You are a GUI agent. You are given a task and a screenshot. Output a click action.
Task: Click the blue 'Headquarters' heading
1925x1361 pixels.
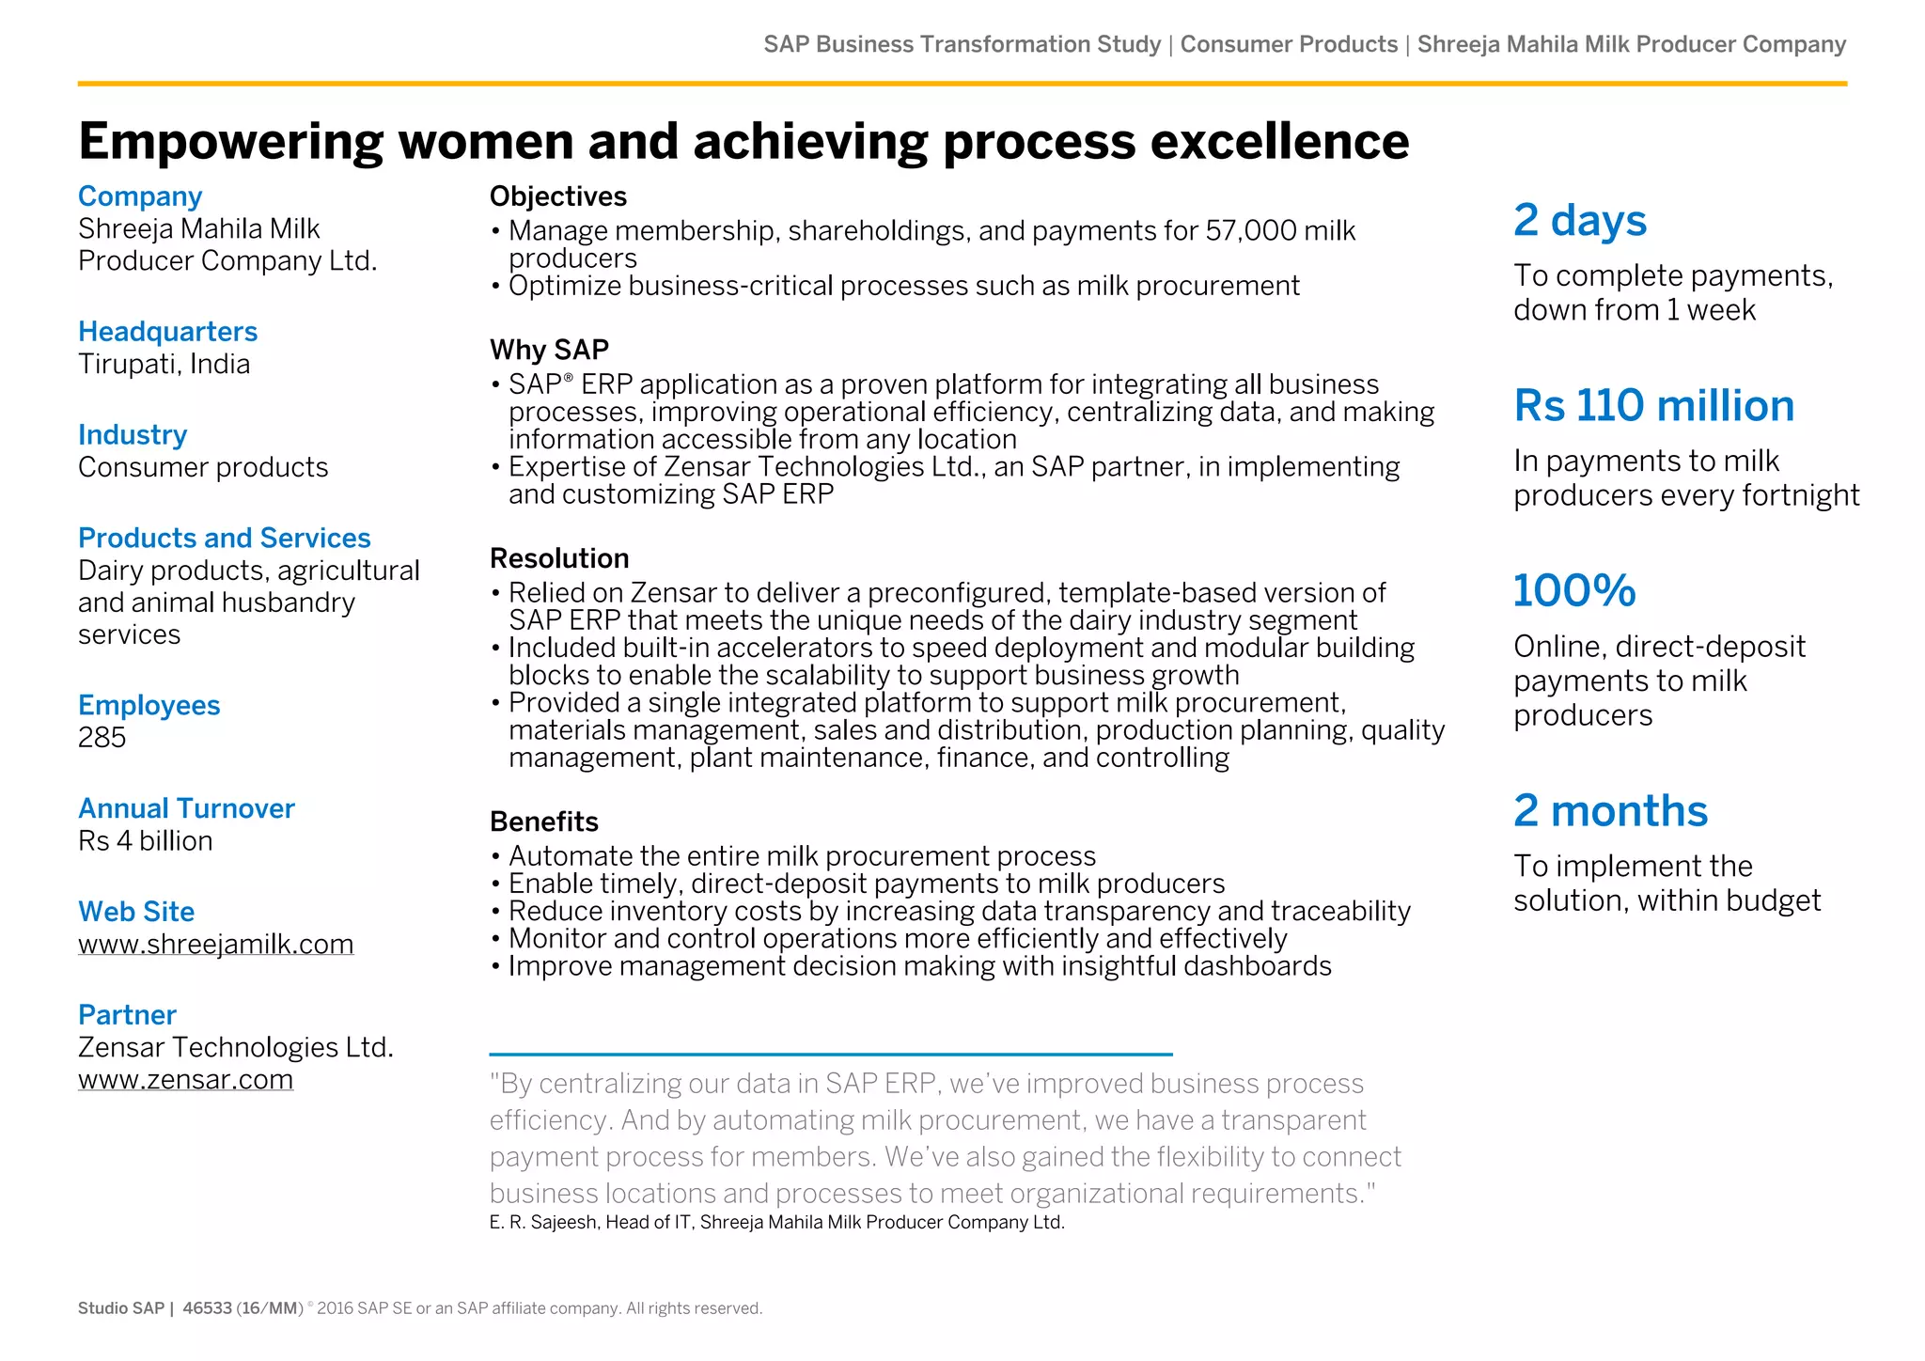[167, 332]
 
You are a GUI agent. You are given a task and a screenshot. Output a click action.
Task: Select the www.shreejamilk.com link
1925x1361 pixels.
[215, 944]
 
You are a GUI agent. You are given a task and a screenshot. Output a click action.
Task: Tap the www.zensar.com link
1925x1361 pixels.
[185, 1079]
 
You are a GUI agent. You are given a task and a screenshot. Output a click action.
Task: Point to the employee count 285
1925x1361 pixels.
[102, 737]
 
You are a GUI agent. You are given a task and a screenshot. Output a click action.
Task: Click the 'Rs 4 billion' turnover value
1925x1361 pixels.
[145, 840]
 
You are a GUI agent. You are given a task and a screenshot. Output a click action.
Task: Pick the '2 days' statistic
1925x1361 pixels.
[1579, 221]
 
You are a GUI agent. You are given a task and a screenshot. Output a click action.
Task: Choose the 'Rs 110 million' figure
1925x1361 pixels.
[1653, 406]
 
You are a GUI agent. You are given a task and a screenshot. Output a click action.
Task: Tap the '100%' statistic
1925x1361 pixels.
[1574, 591]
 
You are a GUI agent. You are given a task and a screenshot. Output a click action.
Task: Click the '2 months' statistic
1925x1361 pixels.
[1610, 811]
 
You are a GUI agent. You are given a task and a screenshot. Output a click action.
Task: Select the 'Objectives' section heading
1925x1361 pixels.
[557, 196]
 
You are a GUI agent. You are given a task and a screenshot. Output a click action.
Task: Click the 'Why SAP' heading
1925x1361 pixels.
[549, 350]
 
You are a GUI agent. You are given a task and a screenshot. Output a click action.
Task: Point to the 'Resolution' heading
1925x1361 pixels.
[559, 558]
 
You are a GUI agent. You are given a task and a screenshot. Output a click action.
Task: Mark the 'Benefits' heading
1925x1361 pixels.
[543, 821]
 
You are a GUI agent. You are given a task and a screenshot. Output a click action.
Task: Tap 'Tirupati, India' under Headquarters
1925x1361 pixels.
[164, 365]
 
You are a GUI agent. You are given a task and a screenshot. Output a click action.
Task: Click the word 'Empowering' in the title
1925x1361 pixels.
[230, 142]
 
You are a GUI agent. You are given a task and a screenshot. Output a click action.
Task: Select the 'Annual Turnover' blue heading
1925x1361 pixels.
[186, 808]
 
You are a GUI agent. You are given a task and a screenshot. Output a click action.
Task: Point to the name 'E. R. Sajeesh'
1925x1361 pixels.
[542, 1222]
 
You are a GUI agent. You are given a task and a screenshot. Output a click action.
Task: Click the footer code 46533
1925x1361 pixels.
[207, 1308]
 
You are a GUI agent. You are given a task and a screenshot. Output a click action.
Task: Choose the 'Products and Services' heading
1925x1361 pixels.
[224, 538]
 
